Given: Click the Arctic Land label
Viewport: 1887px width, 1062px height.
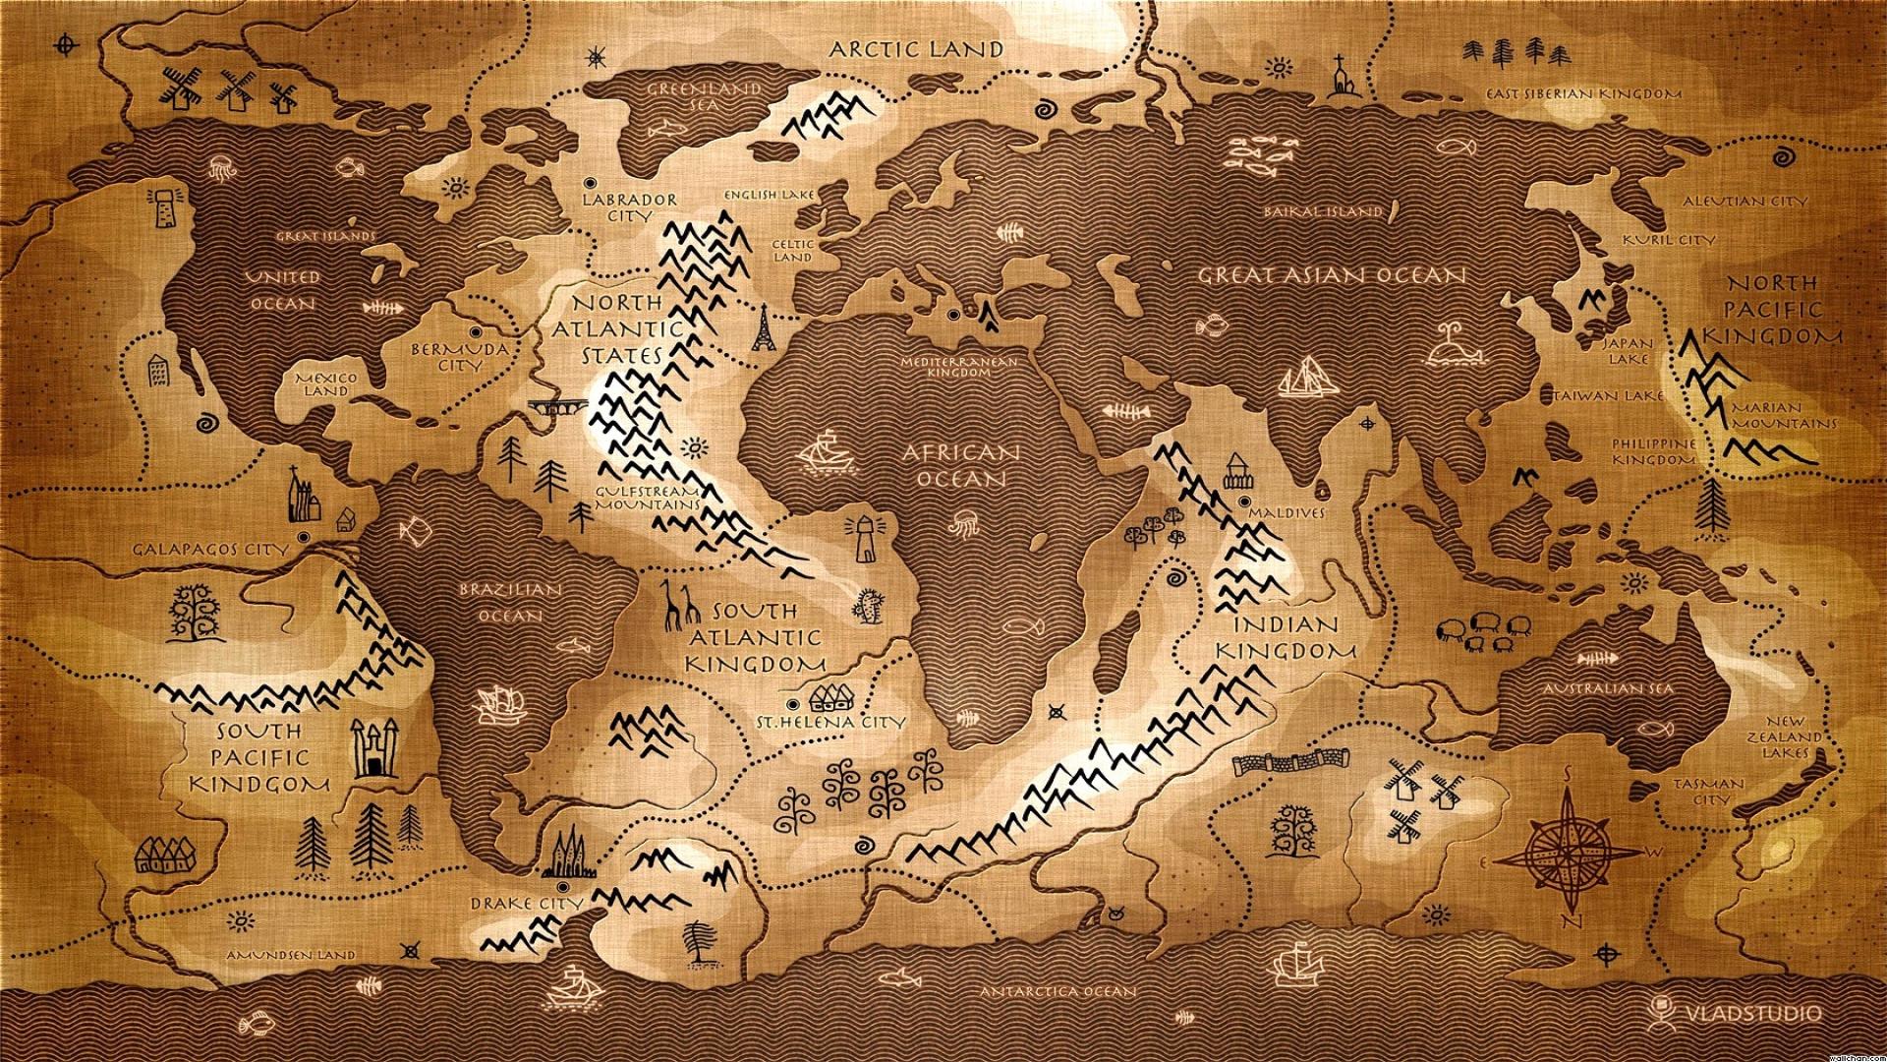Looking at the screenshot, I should (916, 49).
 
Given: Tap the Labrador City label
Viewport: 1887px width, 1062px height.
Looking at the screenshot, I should (629, 206).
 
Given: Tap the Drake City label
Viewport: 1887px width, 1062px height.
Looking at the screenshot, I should (526, 903).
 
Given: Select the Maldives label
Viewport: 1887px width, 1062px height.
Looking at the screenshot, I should (1287, 512).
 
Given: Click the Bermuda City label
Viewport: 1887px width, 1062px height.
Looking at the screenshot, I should (459, 357).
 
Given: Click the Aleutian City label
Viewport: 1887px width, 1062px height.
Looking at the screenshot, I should (1744, 201).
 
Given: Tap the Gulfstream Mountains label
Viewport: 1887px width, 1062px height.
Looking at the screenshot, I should (648, 498).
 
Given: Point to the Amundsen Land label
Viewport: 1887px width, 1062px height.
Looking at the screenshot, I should (290, 955).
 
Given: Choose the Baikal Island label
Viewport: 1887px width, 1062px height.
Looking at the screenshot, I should (1324, 210).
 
